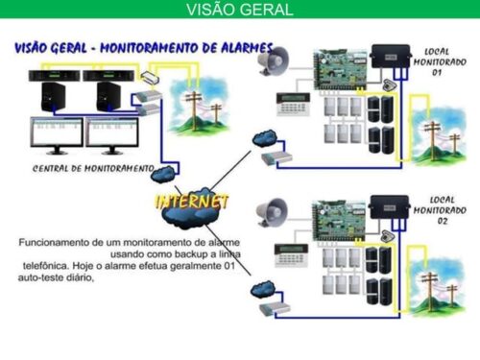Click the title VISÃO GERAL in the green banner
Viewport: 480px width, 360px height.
click(239, 11)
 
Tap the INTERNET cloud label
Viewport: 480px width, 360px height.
click(193, 203)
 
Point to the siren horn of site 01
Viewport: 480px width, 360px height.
click(273, 62)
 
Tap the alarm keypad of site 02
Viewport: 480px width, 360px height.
click(289, 253)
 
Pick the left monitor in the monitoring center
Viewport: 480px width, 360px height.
click(55, 133)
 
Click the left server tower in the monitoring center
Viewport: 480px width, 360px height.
click(51, 91)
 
